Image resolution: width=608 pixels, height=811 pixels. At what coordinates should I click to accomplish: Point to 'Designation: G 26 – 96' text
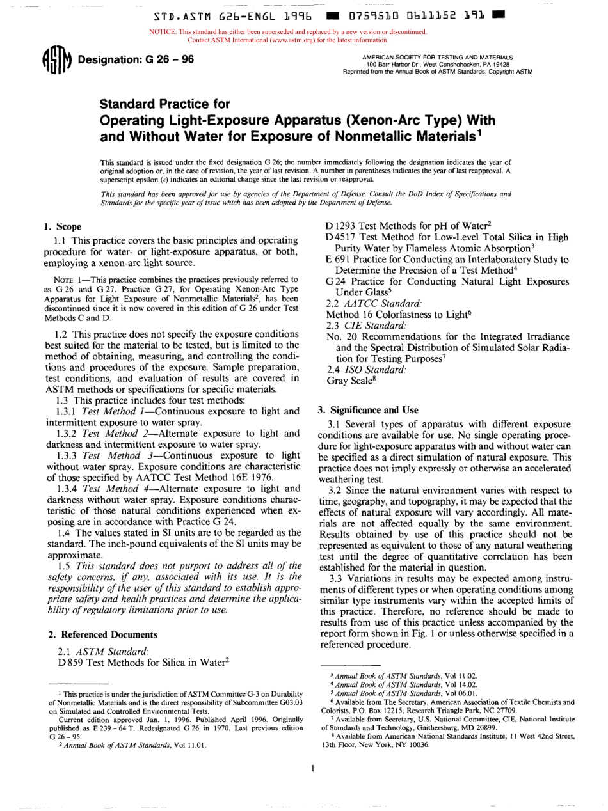[x=135, y=61]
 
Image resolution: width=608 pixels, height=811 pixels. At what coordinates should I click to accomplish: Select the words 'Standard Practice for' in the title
[x=163, y=103]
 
